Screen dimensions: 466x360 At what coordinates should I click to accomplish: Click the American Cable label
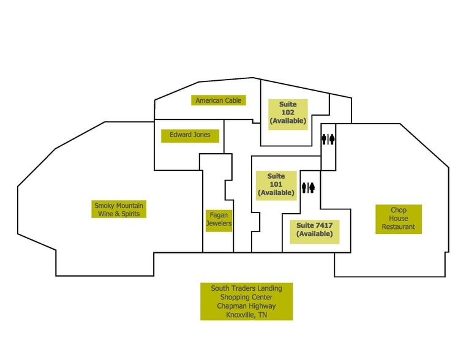[219, 100]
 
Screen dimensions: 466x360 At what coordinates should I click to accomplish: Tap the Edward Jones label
[190, 136]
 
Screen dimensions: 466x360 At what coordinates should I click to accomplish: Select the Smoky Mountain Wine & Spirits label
[119, 209]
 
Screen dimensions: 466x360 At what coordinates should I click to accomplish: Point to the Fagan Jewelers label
[219, 220]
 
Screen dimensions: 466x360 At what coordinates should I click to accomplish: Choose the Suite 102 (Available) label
[288, 114]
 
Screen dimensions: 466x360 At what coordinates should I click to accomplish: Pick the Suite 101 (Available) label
[276, 186]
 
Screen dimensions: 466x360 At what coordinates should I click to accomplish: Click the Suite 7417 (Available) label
[315, 231]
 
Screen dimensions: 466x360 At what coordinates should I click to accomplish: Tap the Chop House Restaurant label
[399, 219]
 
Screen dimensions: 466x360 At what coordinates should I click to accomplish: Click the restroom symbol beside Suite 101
[308, 188]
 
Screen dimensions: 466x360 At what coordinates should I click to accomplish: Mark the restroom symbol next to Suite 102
[328, 139]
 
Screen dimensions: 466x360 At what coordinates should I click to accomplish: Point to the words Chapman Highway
[246, 306]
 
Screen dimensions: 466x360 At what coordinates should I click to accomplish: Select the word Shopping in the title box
[234, 298]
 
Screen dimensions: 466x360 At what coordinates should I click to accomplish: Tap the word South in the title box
[220, 288]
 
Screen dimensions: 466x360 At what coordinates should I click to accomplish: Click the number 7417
[324, 225]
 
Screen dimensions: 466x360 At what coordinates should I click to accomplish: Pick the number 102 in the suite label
[288, 113]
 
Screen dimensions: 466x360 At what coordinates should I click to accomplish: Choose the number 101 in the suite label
[276, 184]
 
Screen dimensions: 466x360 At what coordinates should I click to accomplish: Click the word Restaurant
[399, 227]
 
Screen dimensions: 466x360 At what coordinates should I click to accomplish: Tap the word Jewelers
[219, 223]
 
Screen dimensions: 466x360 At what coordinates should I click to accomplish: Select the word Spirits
[131, 214]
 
